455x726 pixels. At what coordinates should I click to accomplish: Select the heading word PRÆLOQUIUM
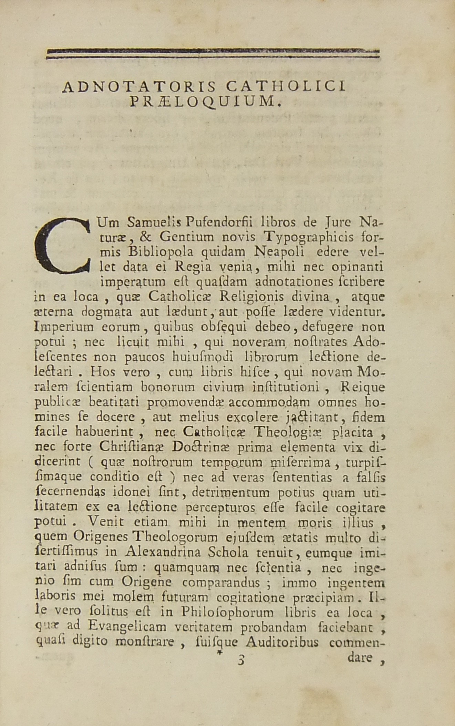pos(205,102)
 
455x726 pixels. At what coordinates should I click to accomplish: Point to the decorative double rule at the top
pos(213,54)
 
